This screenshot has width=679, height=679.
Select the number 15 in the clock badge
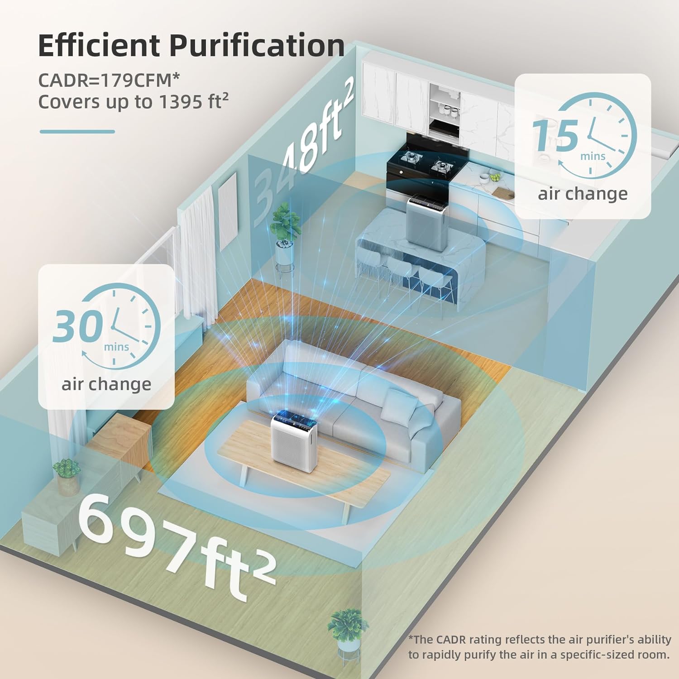[x=555, y=135]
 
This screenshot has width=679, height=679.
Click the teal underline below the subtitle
[x=77, y=132]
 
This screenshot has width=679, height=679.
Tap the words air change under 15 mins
[x=583, y=194]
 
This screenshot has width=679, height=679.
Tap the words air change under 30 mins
[x=106, y=385]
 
